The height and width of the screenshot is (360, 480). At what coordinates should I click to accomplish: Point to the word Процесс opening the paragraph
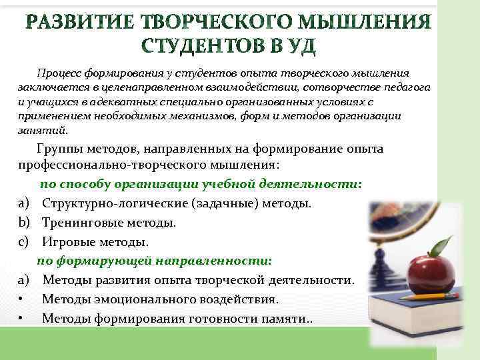coord(58,73)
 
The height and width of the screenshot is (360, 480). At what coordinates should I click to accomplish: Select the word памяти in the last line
coord(285,319)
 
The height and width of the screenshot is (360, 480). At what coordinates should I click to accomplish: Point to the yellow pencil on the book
coord(427,297)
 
